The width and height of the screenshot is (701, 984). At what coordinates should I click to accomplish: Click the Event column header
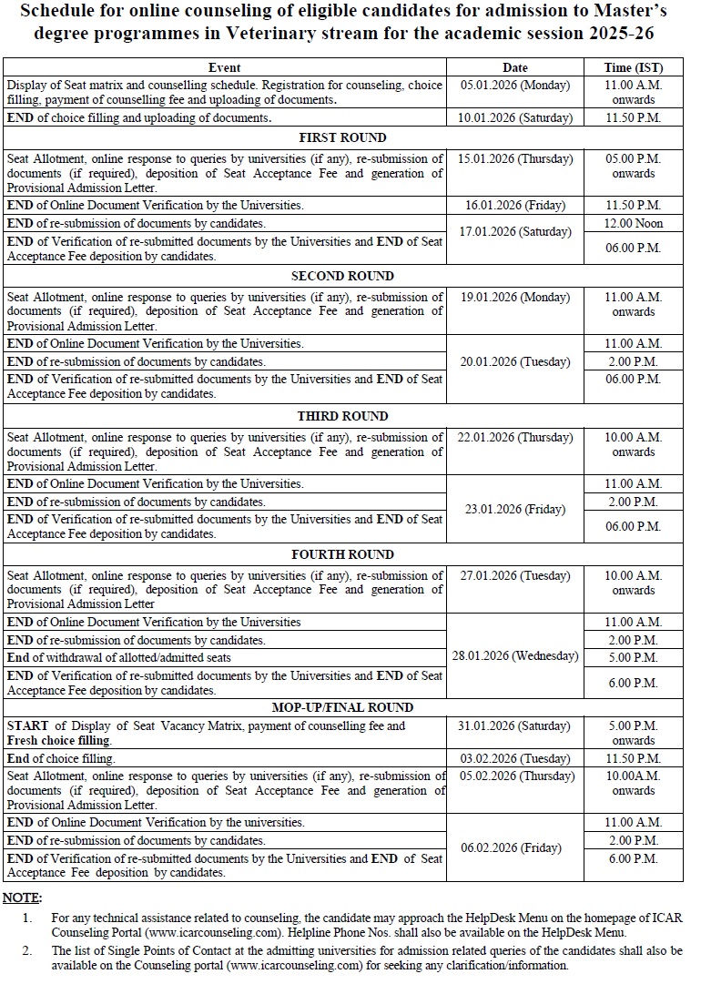pyautogui.click(x=225, y=67)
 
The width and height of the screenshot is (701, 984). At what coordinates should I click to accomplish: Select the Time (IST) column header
pyautogui.click(x=634, y=67)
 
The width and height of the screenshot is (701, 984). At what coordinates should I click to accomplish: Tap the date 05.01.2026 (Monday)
pyautogui.click(x=515, y=85)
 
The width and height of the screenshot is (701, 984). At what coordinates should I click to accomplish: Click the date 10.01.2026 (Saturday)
pyautogui.click(x=515, y=117)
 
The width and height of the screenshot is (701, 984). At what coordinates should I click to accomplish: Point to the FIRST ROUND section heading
pyautogui.click(x=342, y=137)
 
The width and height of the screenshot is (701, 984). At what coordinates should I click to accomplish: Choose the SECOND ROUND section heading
pyautogui.click(x=342, y=276)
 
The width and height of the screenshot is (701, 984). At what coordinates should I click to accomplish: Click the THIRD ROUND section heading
pyautogui.click(x=342, y=416)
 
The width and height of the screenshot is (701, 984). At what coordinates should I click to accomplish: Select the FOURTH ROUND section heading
pyautogui.click(x=342, y=554)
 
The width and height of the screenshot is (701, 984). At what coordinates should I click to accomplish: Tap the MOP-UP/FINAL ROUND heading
pyautogui.click(x=342, y=707)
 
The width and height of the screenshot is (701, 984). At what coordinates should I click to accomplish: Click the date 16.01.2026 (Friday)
pyautogui.click(x=515, y=206)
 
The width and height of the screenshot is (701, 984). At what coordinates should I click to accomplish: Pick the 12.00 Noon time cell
pyautogui.click(x=634, y=223)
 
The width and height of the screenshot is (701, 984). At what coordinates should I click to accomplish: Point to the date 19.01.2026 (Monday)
pyautogui.click(x=515, y=297)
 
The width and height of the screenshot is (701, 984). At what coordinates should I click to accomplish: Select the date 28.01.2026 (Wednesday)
pyautogui.click(x=515, y=656)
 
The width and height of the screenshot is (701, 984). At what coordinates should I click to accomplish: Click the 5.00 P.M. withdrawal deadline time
pyautogui.click(x=634, y=657)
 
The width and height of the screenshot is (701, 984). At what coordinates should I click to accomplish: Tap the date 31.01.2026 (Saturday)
pyautogui.click(x=515, y=726)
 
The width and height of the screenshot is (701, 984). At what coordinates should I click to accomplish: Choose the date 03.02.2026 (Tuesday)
pyautogui.click(x=515, y=758)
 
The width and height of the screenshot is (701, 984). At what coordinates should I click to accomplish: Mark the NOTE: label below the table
pyautogui.click(x=22, y=898)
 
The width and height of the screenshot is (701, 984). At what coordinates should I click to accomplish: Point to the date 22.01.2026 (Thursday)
pyautogui.click(x=515, y=437)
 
